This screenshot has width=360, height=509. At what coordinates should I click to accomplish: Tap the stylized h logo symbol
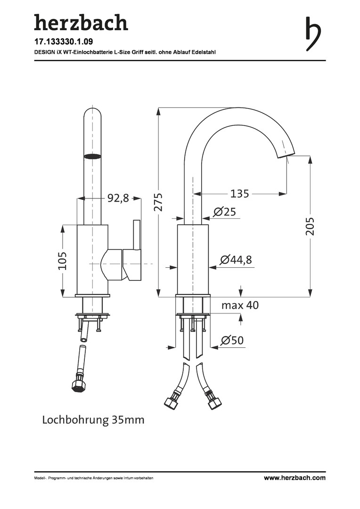(x=312, y=33)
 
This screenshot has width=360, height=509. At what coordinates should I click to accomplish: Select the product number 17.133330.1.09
(x=64, y=42)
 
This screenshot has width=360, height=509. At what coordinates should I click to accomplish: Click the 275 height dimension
(x=158, y=202)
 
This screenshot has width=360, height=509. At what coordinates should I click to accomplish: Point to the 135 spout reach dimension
(x=239, y=194)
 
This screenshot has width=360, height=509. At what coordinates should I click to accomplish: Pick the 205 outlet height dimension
(x=310, y=226)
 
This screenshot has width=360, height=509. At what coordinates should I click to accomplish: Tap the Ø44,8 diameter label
(x=236, y=260)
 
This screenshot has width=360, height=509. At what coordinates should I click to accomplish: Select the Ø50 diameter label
(x=232, y=340)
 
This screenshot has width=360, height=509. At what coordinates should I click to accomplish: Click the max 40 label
(x=240, y=305)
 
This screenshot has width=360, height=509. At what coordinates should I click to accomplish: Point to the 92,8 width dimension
(x=118, y=197)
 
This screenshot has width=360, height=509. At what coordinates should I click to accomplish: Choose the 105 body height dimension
(x=62, y=261)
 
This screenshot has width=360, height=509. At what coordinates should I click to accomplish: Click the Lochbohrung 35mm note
(x=93, y=420)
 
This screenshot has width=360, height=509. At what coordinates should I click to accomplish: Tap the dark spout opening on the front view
(x=91, y=156)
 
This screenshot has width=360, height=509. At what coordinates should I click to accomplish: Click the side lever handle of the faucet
(x=137, y=250)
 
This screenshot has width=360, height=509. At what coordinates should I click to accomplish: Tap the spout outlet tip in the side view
(x=286, y=156)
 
